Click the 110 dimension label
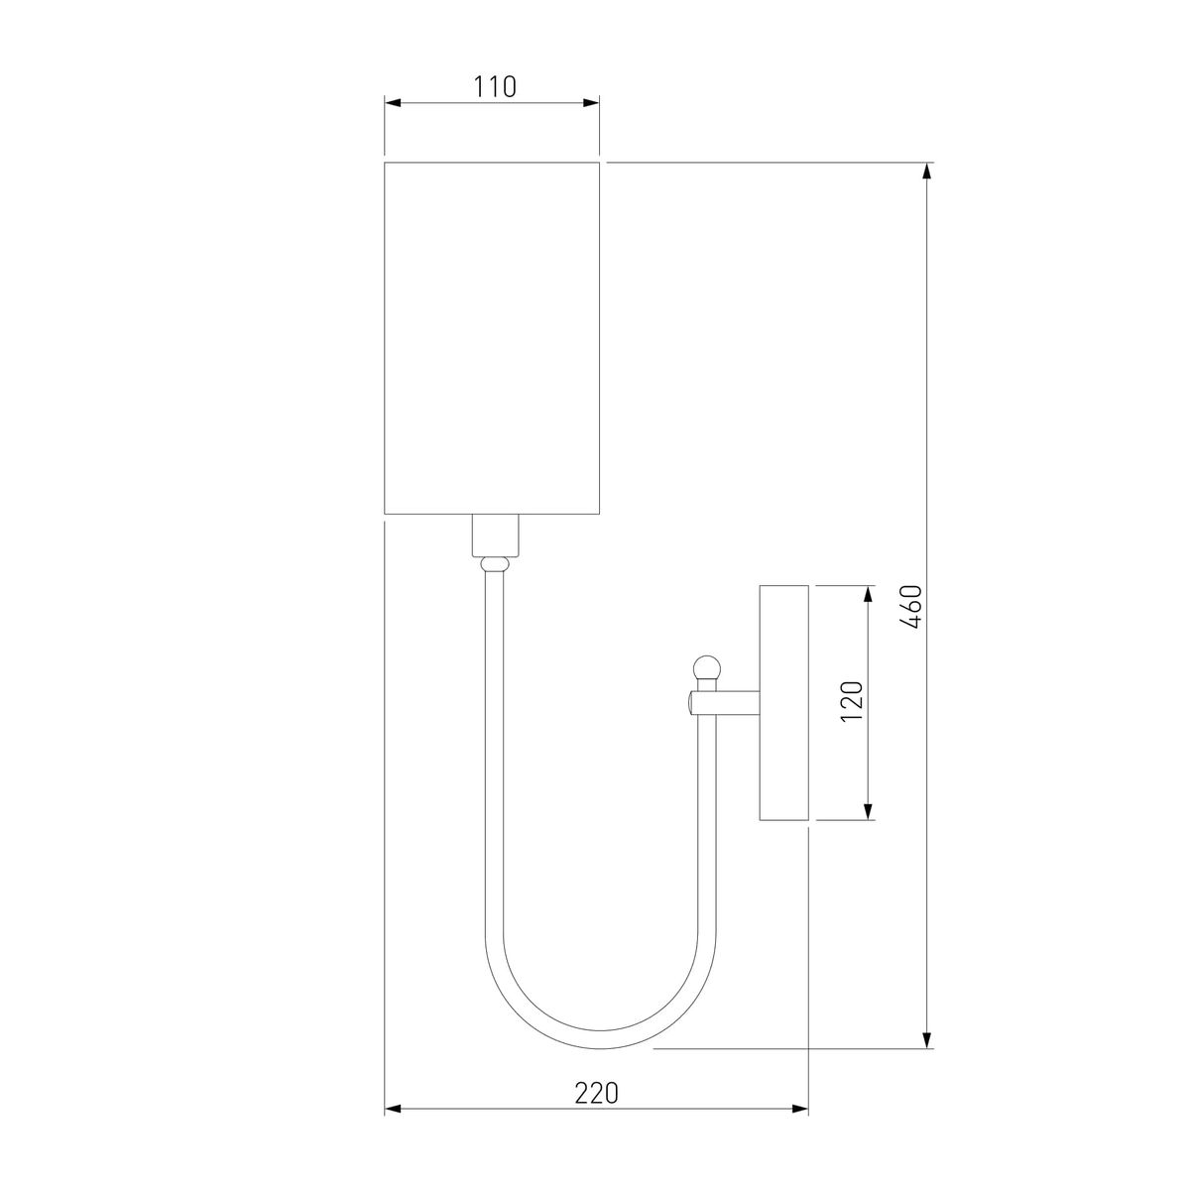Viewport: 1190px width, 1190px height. (494, 87)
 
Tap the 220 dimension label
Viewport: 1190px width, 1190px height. (596, 1093)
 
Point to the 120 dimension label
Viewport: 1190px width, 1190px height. (854, 702)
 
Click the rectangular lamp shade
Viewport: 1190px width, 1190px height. (492, 337)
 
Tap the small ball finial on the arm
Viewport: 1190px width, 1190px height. (706, 666)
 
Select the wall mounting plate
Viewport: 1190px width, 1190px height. (784, 702)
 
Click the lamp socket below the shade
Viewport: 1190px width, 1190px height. (495, 535)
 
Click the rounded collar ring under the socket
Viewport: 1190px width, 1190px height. (495, 563)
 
